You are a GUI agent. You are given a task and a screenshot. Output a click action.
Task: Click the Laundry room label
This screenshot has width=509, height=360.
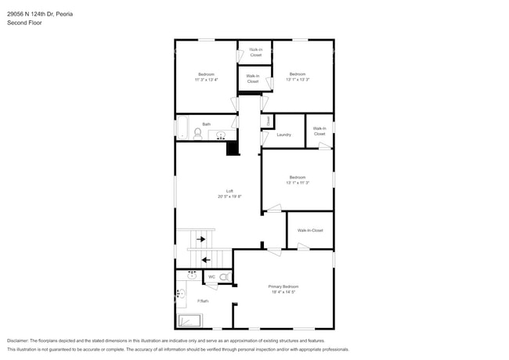(x=283, y=135)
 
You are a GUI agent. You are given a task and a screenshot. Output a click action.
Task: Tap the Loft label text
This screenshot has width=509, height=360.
(x=229, y=192)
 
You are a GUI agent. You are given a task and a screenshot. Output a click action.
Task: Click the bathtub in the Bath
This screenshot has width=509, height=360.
(x=182, y=128)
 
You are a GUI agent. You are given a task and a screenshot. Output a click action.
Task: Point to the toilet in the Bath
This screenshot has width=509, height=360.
(x=197, y=134)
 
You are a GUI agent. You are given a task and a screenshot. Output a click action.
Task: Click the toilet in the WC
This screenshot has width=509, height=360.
(x=224, y=277)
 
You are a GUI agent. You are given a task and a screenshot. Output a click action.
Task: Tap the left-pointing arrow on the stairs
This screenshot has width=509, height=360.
(x=206, y=259)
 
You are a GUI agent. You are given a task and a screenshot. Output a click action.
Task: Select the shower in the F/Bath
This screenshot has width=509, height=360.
(x=190, y=320)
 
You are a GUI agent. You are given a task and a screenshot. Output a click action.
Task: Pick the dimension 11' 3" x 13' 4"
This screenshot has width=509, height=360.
(x=206, y=80)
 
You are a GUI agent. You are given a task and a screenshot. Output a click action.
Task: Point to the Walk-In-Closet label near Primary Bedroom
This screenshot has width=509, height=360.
(x=309, y=230)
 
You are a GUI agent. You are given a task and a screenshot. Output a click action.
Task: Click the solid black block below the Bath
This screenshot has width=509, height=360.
(x=233, y=148)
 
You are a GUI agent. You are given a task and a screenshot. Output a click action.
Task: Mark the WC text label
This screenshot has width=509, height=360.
(x=211, y=277)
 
